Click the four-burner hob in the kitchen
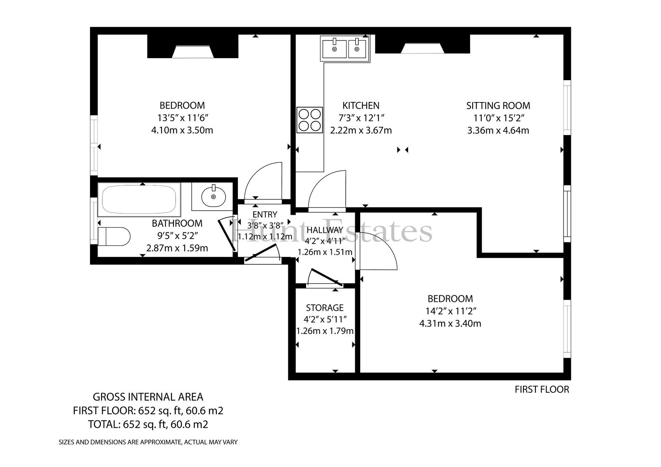(x=309, y=120)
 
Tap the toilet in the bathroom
(x=114, y=236)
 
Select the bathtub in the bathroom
(x=139, y=199)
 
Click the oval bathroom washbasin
(x=213, y=196)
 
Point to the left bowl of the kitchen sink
(x=334, y=49)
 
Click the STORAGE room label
(x=325, y=308)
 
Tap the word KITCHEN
(x=361, y=105)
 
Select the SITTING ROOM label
(x=498, y=105)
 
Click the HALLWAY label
(x=325, y=230)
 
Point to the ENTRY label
(x=265, y=214)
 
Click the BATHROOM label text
(x=177, y=223)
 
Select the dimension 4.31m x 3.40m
(x=450, y=324)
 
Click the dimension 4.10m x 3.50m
(x=182, y=130)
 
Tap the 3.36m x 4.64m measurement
(x=498, y=130)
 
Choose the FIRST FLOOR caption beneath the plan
(x=542, y=389)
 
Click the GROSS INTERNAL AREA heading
(x=148, y=397)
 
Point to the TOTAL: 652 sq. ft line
(x=148, y=424)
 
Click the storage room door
(x=325, y=278)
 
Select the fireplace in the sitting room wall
(x=423, y=44)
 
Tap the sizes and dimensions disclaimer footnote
(x=148, y=442)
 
